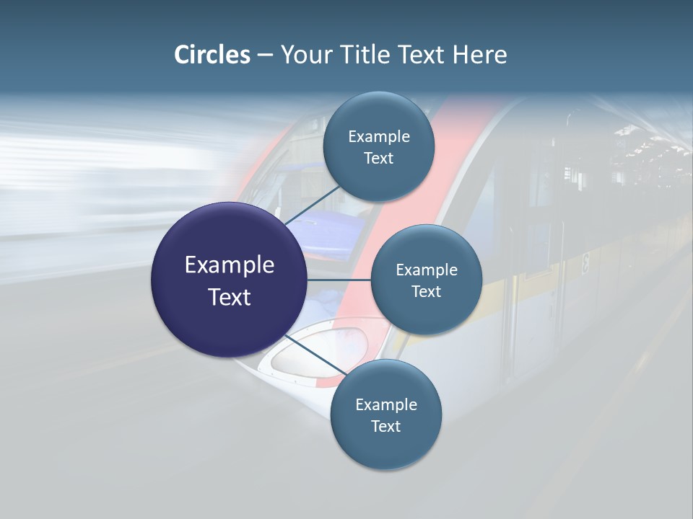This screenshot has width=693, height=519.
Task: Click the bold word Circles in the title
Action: pyautogui.click(x=212, y=55)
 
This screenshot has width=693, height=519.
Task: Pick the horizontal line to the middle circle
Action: pyautogui.click(x=339, y=280)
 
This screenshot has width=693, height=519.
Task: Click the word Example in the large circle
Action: pyautogui.click(x=230, y=265)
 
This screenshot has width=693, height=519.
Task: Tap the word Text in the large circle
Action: pyautogui.click(x=230, y=297)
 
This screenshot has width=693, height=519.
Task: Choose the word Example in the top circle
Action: pyautogui.click(x=379, y=137)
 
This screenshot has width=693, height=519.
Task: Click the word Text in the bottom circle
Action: pyautogui.click(x=385, y=427)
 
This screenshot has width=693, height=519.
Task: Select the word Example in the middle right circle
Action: pyautogui.click(x=427, y=270)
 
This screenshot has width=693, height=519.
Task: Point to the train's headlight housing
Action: pyautogui.click(x=318, y=353)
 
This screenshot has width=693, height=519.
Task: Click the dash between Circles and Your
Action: pyautogui.click(x=265, y=55)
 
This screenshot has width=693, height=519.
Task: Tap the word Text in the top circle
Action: pyautogui.click(x=379, y=159)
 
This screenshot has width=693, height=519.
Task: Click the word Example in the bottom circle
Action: pyautogui.click(x=386, y=405)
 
